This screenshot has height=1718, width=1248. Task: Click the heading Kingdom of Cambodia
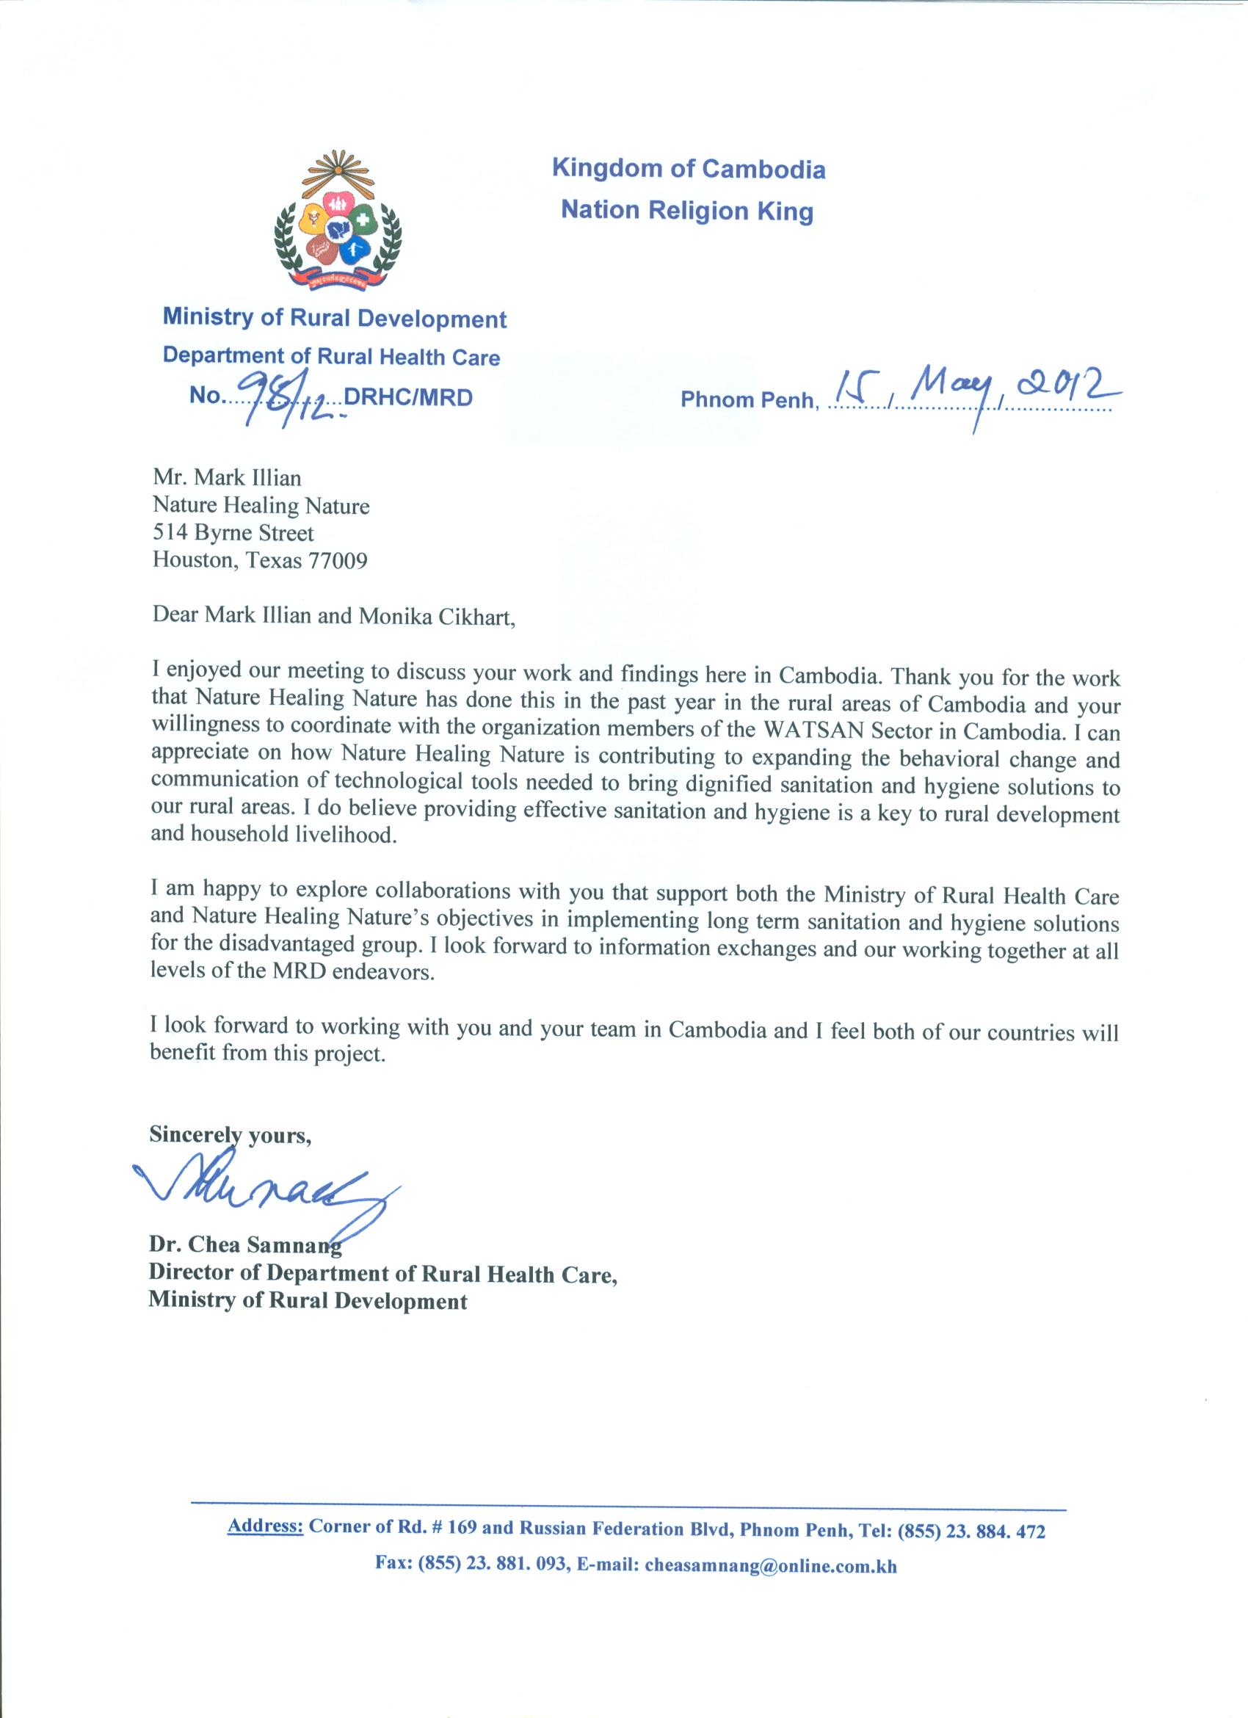tap(689, 168)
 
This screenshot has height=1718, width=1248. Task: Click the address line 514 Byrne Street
tap(233, 533)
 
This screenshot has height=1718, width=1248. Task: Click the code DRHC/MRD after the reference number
tap(408, 397)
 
